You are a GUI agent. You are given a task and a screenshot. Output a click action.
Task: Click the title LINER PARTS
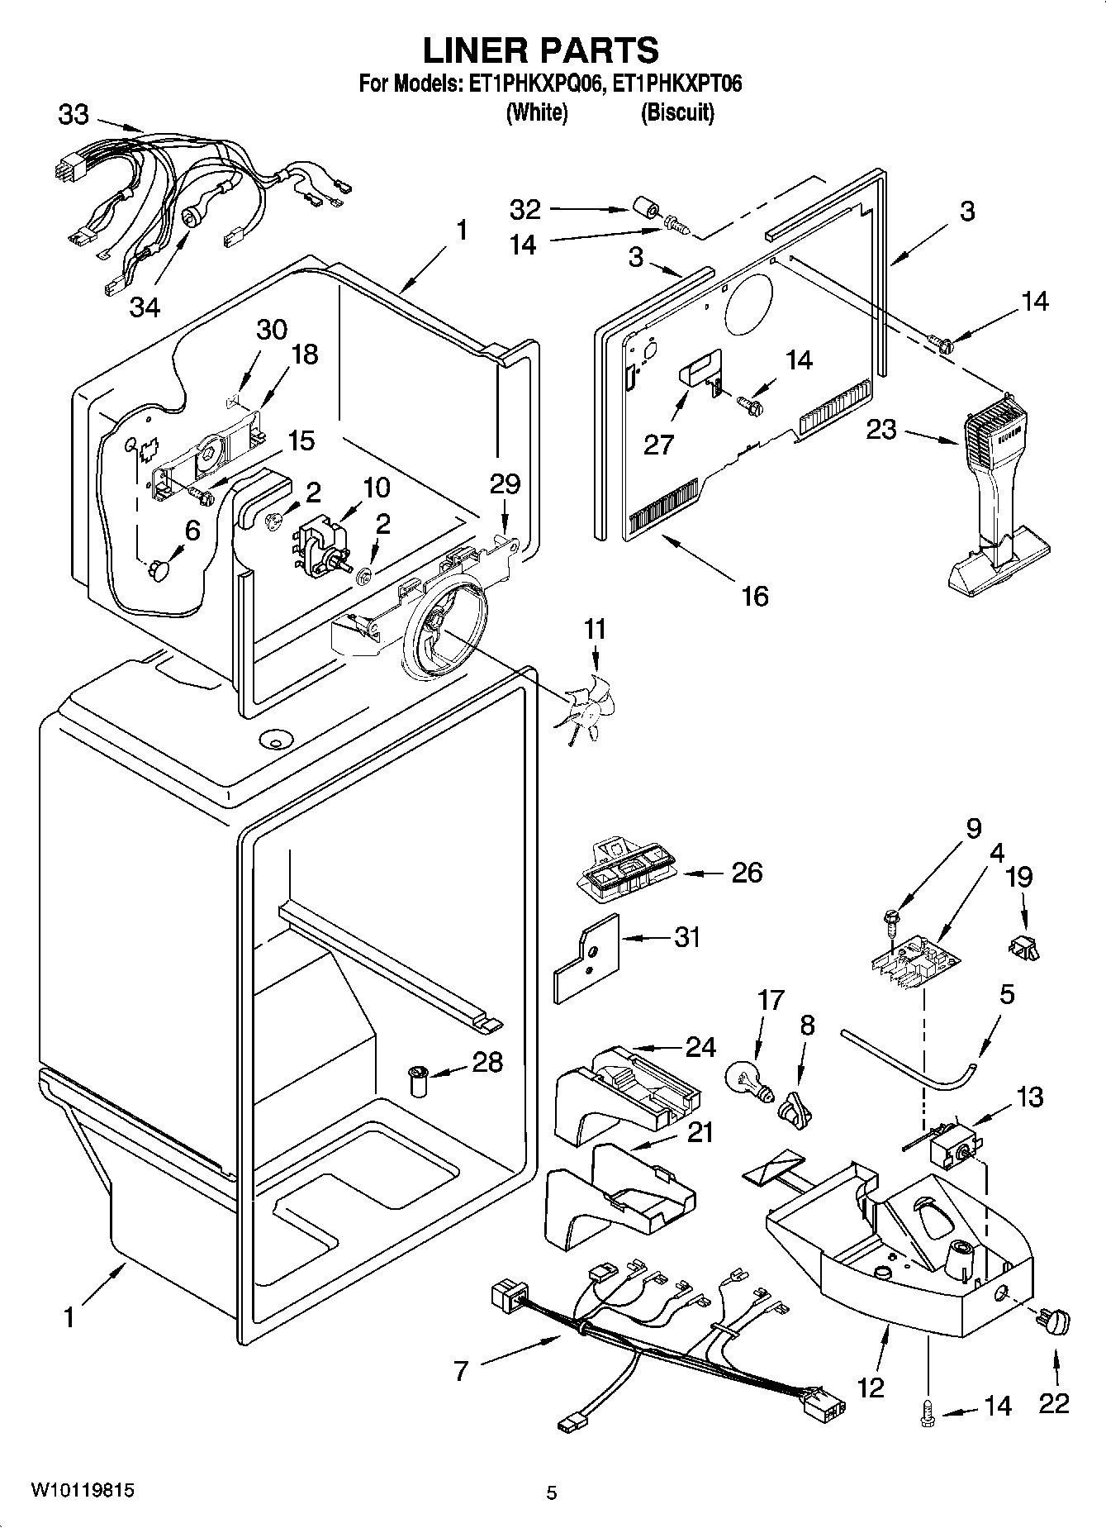click(x=541, y=50)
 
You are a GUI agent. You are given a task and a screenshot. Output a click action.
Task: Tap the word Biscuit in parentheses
click(x=677, y=112)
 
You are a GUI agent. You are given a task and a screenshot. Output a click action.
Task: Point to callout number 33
click(x=74, y=114)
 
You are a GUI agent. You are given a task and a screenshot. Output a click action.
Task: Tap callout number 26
click(x=747, y=872)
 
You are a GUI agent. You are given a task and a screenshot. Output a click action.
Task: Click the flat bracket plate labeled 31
click(x=586, y=957)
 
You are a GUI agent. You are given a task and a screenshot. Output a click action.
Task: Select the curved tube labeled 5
click(x=909, y=1054)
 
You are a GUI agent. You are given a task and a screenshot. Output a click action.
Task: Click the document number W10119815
click(x=82, y=1490)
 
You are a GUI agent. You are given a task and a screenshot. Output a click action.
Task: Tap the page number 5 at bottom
click(x=552, y=1492)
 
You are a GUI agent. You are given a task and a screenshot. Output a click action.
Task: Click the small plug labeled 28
click(x=419, y=1080)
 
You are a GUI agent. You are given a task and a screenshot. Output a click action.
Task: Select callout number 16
click(x=755, y=595)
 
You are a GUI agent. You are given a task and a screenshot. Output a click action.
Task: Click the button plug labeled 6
click(x=158, y=569)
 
